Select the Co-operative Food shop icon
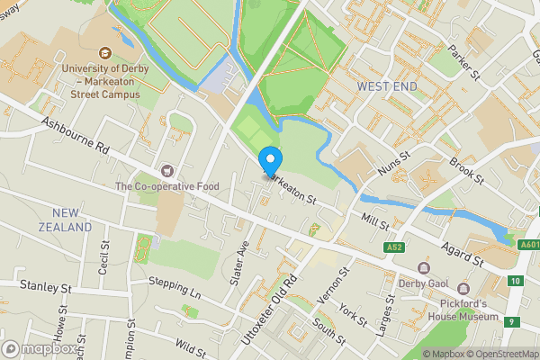[x=166, y=170]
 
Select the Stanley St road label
[x=45, y=287]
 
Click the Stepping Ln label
[x=175, y=286]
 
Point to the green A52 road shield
[x=392, y=247]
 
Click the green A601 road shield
[x=528, y=244]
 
